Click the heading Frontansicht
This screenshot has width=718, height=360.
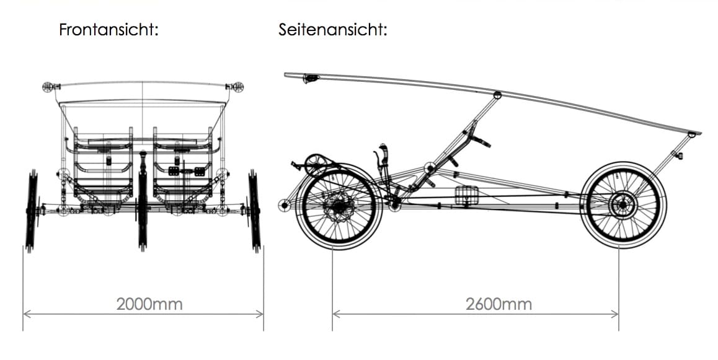click(109, 30)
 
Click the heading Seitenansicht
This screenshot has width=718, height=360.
click(333, 30)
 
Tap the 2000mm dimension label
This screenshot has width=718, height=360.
click(149, 304)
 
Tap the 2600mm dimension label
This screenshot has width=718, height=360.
click(499, 304)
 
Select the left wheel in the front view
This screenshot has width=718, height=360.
click(32, 211)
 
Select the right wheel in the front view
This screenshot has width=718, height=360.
click(254, 211)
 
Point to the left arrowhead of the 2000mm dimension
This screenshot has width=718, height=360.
click(26, 314)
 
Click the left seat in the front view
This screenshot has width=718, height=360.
click(104, 167)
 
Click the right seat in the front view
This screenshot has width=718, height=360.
click(183, 167)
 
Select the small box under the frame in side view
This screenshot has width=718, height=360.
click(466, 195)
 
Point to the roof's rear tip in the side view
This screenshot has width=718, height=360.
click(699, 133)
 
